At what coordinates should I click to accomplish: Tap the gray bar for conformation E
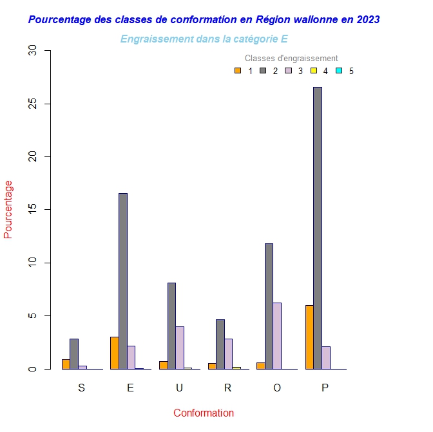click(x=123, y=281)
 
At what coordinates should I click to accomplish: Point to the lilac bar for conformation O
click(x=277, y=335)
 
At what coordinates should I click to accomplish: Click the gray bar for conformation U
click(x=171, y=326)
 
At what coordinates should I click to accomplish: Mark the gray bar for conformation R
click(x=220, y=344)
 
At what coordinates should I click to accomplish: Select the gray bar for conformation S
click(x=74, y=353)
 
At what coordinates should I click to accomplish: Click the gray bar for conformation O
click(x=269, y=306)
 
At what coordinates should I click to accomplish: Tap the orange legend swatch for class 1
click(x=238, y=71)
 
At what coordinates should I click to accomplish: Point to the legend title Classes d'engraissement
click(x=291, y=59)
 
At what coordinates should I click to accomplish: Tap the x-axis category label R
click(x=227, y=388)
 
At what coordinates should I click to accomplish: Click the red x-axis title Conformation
click(x=204, y=413)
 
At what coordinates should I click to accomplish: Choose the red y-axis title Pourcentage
click(x=8, y=209)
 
